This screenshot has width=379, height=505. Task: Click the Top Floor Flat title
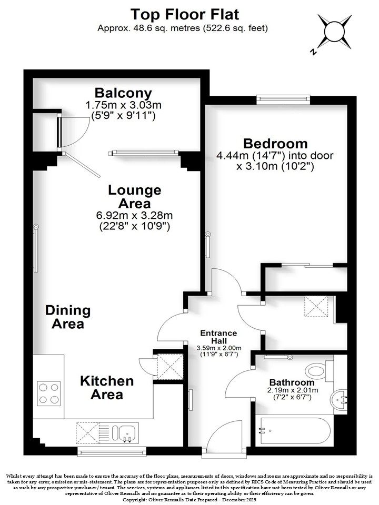coord(185,15)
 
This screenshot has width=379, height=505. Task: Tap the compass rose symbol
coord(334,32)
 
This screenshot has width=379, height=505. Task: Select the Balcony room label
coord(123,93)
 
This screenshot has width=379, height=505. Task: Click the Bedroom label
coord(275,143)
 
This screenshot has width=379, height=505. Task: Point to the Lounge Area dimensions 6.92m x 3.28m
coord(134,215)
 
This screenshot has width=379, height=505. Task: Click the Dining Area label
coord(68,317)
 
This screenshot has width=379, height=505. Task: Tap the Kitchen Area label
coord(107,388)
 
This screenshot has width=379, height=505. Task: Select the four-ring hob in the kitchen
coord(49,393)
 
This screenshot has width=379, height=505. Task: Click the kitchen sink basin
coord(127,432)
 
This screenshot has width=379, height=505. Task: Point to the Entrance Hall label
coord(218,337)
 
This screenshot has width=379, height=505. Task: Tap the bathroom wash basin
coord(338,400)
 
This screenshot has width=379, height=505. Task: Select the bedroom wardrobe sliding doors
coord(307,265)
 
